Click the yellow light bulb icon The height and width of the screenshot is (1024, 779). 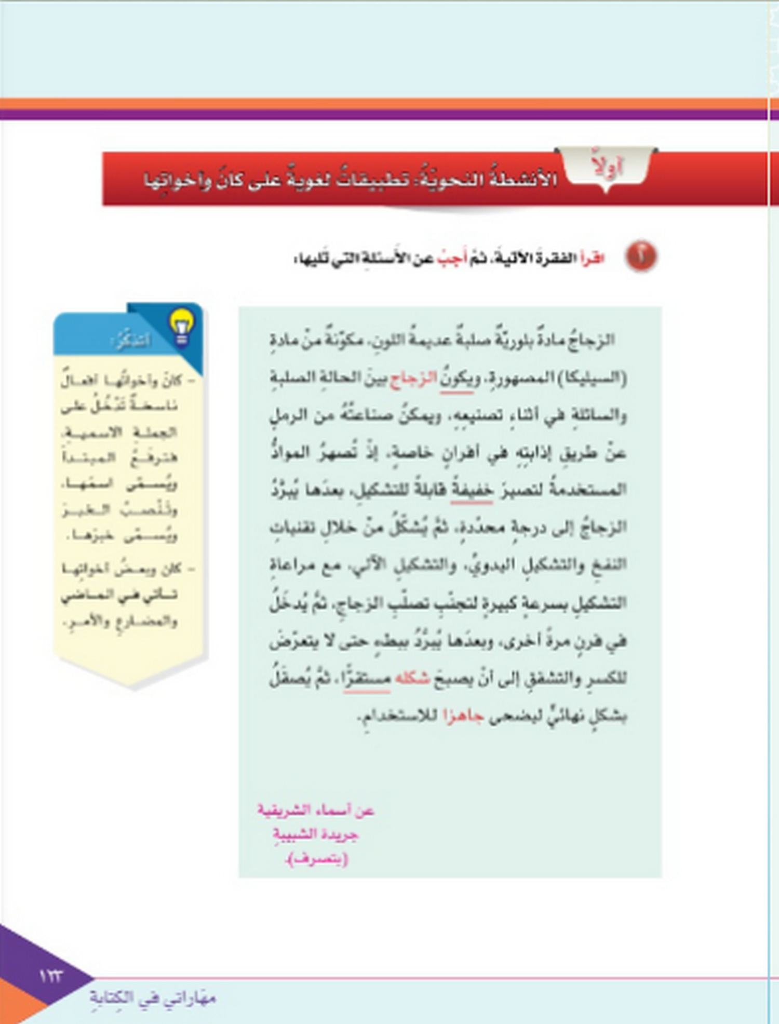click(181, 326)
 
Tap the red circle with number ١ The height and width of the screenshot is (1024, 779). click(641, 257)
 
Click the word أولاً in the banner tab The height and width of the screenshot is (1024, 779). click(607, 167)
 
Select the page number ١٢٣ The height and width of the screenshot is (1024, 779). click(51, 976)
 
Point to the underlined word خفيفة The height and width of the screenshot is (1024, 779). click(472, 490)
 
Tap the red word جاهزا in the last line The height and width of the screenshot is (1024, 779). click(463, 716)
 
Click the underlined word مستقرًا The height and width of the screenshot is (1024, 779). click(367, 679)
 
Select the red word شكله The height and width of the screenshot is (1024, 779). click(412, 679)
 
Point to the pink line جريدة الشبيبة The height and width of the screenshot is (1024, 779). click(316, 834)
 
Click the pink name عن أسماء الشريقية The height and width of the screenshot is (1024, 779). click(316, 810)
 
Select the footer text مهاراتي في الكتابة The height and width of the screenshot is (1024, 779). click(153, 998)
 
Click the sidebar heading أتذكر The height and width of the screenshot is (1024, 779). click(131, 341)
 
